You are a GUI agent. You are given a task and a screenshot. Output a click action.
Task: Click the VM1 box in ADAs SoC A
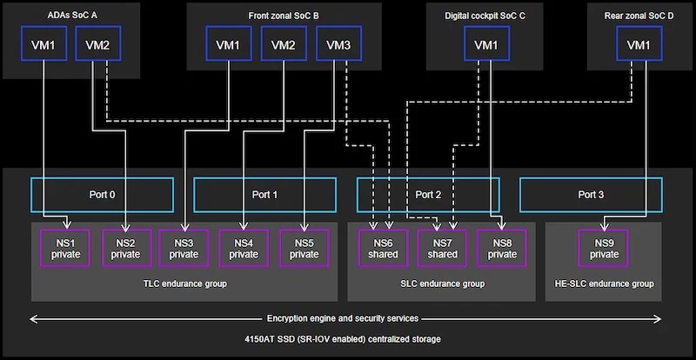tap(43, 43)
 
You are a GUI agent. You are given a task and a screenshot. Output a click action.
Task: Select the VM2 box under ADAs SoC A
tap(97, 43)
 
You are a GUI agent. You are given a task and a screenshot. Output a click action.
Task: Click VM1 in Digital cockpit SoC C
tap(486, 44)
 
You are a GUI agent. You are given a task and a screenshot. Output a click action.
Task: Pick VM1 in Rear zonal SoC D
tap(638, 44)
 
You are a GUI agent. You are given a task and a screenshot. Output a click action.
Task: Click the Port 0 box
tap(102, 195)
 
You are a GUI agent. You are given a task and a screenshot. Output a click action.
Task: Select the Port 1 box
tap(264, 195)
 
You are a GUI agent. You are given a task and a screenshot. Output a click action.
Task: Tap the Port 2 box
tap(428, 195)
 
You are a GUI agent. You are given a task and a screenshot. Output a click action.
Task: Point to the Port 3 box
tap(591, 195)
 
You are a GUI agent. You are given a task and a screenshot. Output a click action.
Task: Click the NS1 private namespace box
tap(65, 248)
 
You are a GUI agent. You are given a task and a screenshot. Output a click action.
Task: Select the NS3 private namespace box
tap(184, 248)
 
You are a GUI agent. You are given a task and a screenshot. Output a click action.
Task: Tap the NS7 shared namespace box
tap(442, 248)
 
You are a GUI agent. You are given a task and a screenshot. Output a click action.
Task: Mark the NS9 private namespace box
tap(604, 248)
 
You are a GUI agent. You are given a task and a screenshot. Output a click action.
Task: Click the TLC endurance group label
tap(184, 283)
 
